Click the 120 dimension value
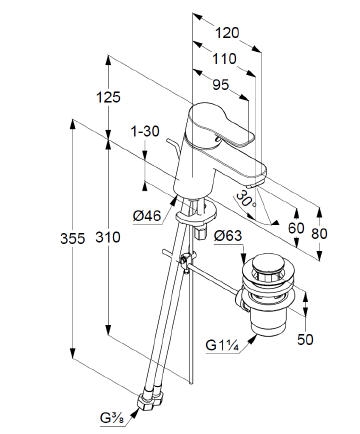point(227,33)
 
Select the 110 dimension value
point(224,59)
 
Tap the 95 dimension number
point(221,85)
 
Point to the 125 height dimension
point(108,97)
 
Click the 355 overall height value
point(72,238)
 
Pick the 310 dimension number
point(108,237)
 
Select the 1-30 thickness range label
point(146,131)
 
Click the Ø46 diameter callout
point(147,216)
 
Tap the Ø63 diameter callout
point(228,236)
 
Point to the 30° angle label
point(245,199)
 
